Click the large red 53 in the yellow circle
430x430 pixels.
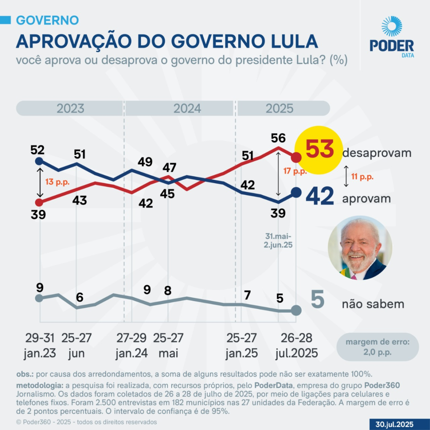[x=319, y=150]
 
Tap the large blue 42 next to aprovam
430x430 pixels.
[x=320, y=197]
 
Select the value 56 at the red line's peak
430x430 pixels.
[x=278, y=138]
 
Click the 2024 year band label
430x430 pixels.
[x=187, y=108]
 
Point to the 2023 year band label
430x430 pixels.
[x=70, y=108]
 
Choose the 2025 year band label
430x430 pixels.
[x=279, y=108]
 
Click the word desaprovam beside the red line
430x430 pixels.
[x=377, y=153]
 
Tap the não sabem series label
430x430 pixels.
[x=373, y=304]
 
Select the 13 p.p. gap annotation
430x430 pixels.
[x=57, y=182]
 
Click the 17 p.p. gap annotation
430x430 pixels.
[x=295, y=171]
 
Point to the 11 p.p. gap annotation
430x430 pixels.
[x=362, y=177]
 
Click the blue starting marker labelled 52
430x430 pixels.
[x=39, y=161]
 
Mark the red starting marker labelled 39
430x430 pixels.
[x=39, y=202]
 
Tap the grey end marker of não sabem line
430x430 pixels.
[x=296, y=311]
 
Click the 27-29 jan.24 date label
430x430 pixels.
[x=132, y=345]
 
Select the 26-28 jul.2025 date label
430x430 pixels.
[x=296, y=345]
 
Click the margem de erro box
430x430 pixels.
[x=377, y=347]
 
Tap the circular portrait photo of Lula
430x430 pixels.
[x=360, y=248]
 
